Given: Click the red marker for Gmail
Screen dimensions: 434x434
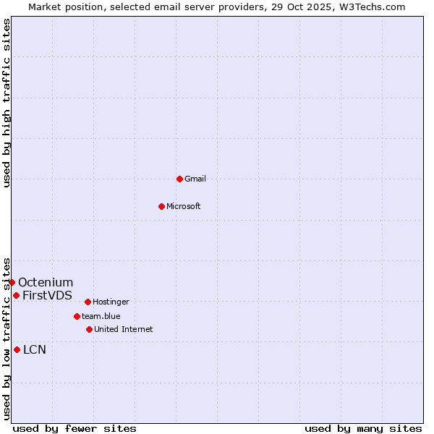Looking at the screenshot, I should pyautogui.click(x=179, y=179).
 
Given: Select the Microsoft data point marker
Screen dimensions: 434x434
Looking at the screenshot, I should pyautogui.click(x=162, y=206).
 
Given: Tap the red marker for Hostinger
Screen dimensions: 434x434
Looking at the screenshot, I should pyautogui.click(x=88, y=302).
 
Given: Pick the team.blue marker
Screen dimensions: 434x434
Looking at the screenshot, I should pyautogui.click(x=77, y=316).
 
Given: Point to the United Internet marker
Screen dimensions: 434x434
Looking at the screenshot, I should pyautogui.click(x=89, y=329).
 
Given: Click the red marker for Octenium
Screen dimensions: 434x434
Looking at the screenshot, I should pyautogui.click(x=12, y=282).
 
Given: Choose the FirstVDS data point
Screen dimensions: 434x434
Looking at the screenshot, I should pyautogui.click(x=16, y=295).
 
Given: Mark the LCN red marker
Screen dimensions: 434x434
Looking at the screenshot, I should pyautogui.click(x=17, y=350).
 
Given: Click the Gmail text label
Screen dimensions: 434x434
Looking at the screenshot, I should pyautogui.click(x=195, y=179).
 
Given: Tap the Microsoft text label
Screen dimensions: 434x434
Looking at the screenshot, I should pyautogui.click(x=184, y=206).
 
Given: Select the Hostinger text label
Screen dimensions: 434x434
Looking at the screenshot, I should pyautogui.click(x=111, y=302).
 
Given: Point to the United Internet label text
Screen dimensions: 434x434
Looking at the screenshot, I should pyautogui.click(x=123, y=329).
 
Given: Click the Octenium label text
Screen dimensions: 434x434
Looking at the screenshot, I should pyautogui.click(x=46, y=282).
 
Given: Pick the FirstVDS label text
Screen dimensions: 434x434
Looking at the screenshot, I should pyautogui.click(x=47, y=295).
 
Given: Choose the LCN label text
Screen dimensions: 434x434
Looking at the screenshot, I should pyautogui.click(x=35, y=350).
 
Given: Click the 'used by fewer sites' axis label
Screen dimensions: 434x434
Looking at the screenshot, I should pyautogui.click(x=75, y=428).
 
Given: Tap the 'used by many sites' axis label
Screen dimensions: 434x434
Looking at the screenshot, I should pyautogui.click(x=363, y=428).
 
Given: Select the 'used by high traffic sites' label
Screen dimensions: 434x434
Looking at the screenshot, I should pyautogui.click(x=7, y=103).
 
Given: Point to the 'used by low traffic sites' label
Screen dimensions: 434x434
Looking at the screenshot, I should pyautogui.click(x=7, y=338).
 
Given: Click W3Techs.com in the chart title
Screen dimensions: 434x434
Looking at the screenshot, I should pyautogui.click(x=371, y=7).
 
